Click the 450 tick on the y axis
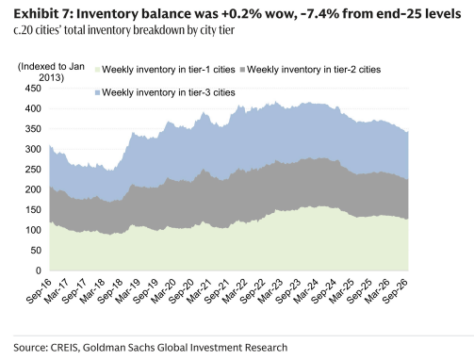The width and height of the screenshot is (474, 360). tap(33, 89)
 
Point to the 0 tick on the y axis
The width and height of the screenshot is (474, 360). tap(39, 270)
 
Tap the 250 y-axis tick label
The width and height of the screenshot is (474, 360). tap(33, 170)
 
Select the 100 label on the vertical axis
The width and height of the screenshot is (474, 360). tap(33, 230)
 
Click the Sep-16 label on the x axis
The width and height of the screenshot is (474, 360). tap(39, 291)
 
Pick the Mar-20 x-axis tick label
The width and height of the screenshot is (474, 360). tap(163, 291)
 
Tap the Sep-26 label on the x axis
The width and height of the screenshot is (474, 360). tap(396, 291)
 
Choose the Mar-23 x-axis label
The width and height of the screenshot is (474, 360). tap(270, 291)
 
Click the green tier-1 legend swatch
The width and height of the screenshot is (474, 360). tap(97, 70)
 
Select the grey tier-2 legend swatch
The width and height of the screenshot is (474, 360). tap(242, 70)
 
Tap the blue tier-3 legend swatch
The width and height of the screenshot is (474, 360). tap(97, 92)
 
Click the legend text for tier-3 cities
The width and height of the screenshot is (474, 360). tap(169, 92)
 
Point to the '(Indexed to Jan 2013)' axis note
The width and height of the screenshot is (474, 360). tap(51, 72)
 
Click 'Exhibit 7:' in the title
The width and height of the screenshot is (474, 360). tap(42, 14)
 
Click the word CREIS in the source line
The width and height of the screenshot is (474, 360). tap(64, 348)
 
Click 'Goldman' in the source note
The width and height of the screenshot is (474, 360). tap(102, 348)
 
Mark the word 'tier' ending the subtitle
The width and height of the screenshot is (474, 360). tap(227, 30)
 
